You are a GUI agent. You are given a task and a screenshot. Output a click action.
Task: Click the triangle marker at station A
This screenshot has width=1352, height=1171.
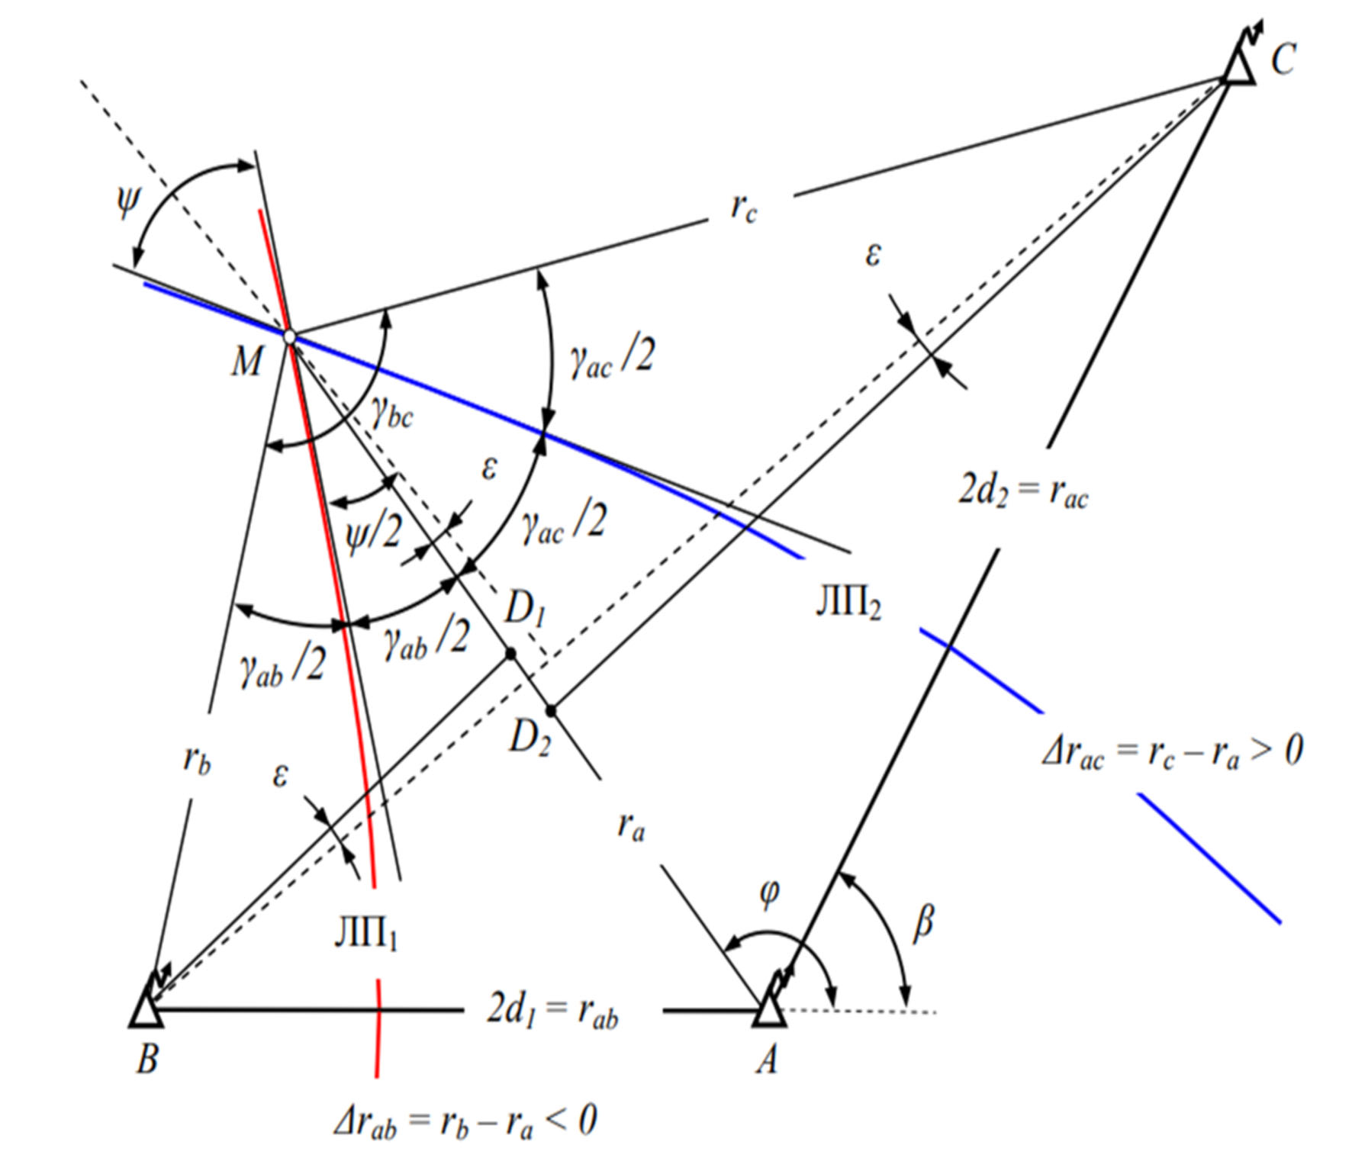tap(769, 1009)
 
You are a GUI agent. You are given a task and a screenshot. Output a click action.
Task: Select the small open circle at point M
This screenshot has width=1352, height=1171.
tap(289, 336)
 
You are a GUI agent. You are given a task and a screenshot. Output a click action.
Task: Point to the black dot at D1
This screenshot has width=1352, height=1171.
tap(510, 654)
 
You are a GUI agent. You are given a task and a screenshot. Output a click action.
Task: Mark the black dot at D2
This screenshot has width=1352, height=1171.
tap(551, 711)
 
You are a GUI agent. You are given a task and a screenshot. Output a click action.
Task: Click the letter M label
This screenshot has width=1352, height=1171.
tap(246, 361)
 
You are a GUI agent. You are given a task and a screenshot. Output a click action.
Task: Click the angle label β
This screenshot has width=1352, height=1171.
tap(923, 922)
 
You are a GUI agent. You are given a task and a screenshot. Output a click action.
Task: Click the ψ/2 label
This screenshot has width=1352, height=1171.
tap(373, 532)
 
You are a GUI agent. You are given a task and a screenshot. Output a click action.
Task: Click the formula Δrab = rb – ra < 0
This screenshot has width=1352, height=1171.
tap(465, 1121)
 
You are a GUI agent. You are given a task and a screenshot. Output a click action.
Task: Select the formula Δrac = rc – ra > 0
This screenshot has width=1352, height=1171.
tap(1173, 751)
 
